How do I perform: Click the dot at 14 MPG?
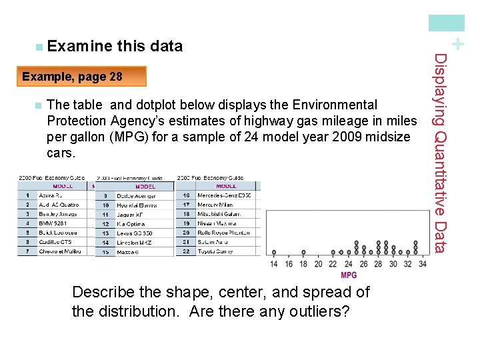pos(274,253)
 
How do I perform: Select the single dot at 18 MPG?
pos(303,253)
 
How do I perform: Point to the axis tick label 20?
pos(318,264)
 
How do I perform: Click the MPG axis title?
pos(348,275)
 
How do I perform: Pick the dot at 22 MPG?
pos(333,253)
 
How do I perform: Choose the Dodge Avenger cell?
pos(137,196)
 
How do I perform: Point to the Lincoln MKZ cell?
pos(135,243)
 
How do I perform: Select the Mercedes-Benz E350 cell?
pos(224,195)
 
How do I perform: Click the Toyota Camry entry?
pos(215,251)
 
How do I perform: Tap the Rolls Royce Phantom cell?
pos(223,233)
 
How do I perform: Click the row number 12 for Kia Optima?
pos(105,224)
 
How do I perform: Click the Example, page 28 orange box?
pos(81,77)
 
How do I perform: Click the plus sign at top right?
pos(457,44)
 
